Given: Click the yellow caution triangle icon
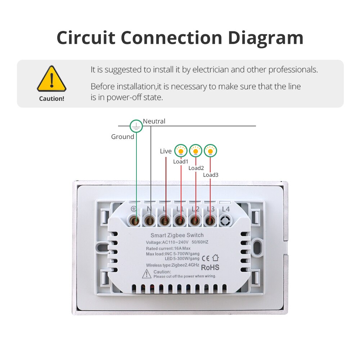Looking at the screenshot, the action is [x=51, y=79].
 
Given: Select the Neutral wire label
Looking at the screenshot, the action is [x=154, y=121].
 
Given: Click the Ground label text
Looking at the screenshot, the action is [x=123, y=137].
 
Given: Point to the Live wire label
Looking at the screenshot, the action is [x=166, y=151].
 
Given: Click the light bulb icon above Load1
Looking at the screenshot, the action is [x=181, y=151].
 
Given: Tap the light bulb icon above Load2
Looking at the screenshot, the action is [x=195, y=151].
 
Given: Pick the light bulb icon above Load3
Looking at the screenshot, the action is [x=210, y=151].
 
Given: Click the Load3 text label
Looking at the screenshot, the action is [x=211, y=175].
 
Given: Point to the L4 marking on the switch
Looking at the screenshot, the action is [x=226, y=209].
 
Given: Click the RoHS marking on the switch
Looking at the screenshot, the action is [x=210, y=267].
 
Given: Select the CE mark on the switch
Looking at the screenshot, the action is [x=206, y=258].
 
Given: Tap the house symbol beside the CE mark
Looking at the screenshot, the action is [x=215, y=258].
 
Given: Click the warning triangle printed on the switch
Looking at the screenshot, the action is [x=147, y=274].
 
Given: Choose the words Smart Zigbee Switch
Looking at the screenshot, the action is [x=177, y=235].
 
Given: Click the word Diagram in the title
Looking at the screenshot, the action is [x=266, y=38].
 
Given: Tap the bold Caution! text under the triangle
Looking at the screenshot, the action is [x=51, y=99].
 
